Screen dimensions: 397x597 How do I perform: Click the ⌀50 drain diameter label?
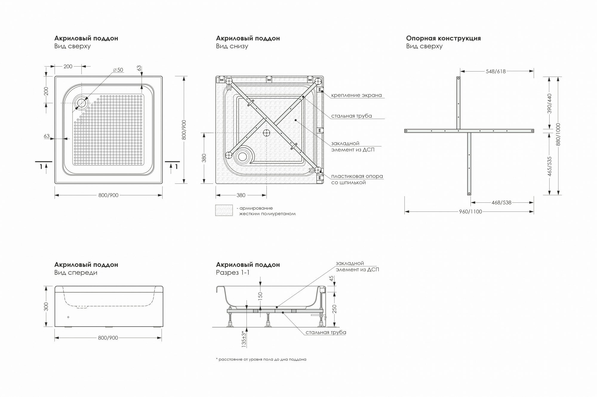point(118,70)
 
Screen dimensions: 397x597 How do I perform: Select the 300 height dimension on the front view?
point(46,306)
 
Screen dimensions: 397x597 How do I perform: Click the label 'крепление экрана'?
point(356,95)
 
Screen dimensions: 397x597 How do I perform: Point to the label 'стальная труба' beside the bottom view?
point(351,116)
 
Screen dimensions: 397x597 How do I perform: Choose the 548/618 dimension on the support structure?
point(496,71)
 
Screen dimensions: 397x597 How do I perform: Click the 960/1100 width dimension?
point(470,212)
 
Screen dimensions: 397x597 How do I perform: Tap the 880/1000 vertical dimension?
point(558,134)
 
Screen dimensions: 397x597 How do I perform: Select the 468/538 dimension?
point(501,203)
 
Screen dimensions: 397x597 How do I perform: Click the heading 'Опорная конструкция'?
point(443,38)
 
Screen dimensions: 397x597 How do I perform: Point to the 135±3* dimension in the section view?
point(244,339)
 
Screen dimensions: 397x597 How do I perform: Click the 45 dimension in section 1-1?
point(331,279)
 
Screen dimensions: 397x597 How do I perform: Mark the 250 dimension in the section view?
point(334,309)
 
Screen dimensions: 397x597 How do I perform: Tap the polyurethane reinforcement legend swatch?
point(224,210)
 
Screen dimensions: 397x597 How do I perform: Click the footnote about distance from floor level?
point(261,359)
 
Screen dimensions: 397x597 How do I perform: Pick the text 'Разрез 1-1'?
point(233,272)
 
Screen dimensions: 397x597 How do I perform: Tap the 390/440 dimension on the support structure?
point(550,104)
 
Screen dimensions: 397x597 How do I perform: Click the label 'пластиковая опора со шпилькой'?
point(357,179)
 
